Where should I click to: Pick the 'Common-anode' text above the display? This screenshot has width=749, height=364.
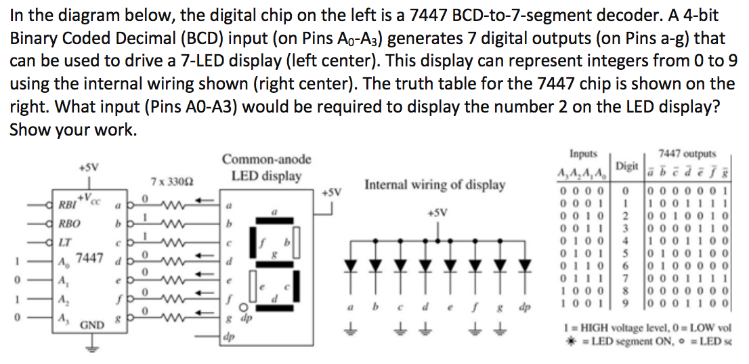click(267, 160)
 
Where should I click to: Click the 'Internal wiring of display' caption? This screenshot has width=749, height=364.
click(434, 184)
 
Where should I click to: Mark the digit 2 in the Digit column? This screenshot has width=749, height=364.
click(626, 216)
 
